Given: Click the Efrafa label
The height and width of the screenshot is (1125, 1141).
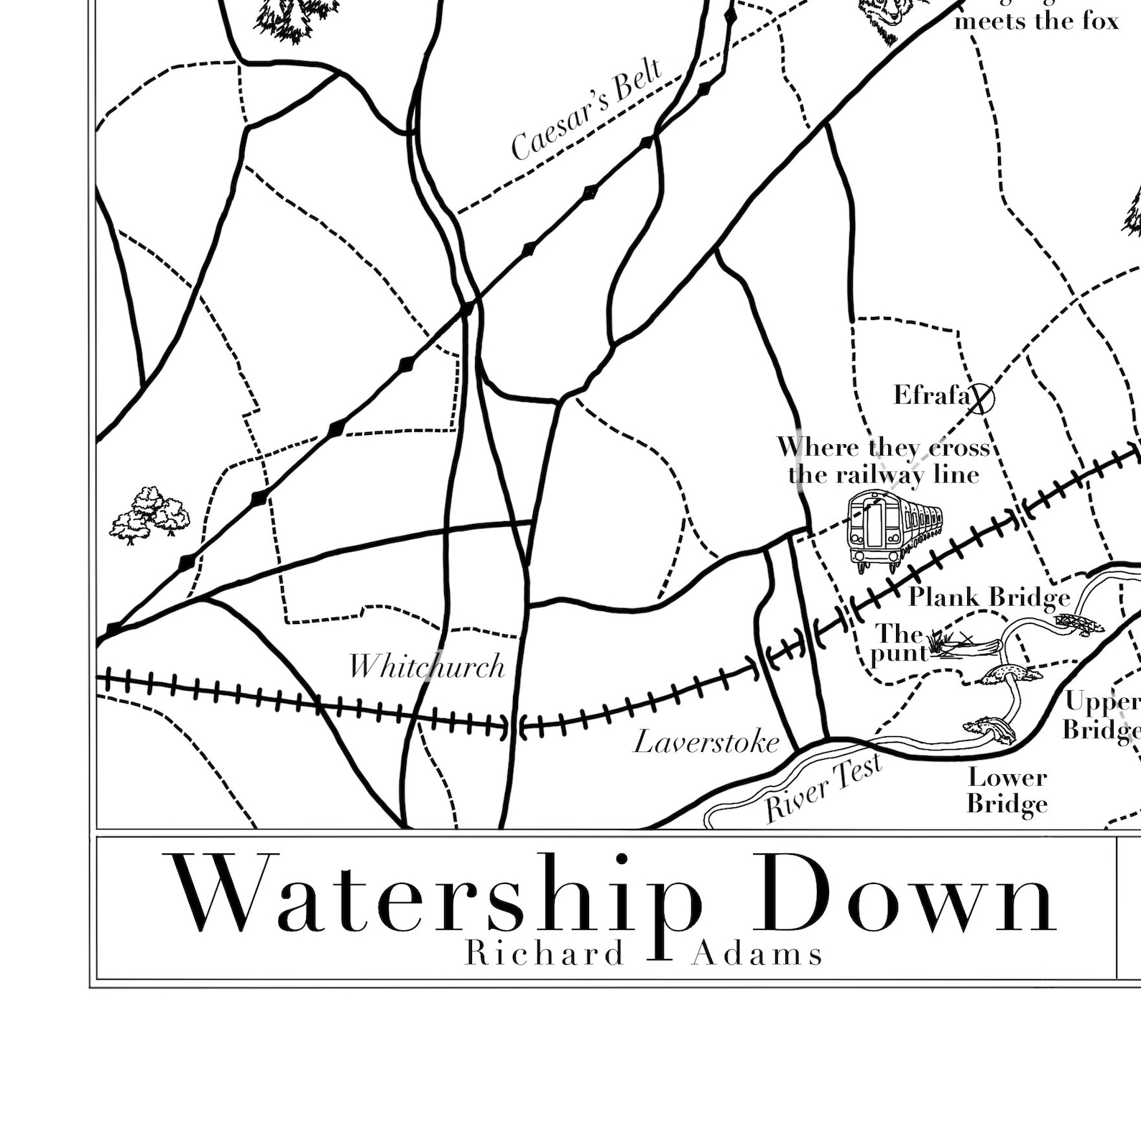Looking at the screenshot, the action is pyautogui.click(x=930, y=395).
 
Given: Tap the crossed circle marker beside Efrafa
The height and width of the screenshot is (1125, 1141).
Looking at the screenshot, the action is pyautogui.click(x=981, y=398).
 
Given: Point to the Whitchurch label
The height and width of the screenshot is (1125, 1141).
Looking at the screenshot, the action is pyautogui.click(x=427, y=666).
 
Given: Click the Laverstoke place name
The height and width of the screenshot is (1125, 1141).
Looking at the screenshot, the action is pyautogui.click(x=706, y=742).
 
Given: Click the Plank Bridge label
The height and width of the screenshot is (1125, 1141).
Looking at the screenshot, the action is pyautogui.click(x=989, y=597).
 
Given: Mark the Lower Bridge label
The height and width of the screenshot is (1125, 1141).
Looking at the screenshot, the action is pyautogui.click(x=1007, y=790).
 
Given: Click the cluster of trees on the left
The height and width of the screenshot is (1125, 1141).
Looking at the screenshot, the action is pyautogui.click(x=150, y=513).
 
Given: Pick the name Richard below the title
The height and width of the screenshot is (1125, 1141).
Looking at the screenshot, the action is pyautogui.click(x=545, y=954).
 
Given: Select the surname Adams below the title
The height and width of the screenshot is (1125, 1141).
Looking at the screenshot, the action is pyautogui.click(x=757, y=954).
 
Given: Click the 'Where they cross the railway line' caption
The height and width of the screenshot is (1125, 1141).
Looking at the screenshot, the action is pyautogui.click(x=884, y=461).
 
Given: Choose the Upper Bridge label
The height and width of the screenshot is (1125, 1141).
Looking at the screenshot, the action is pyautogui.click(x=1101, y=715).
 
